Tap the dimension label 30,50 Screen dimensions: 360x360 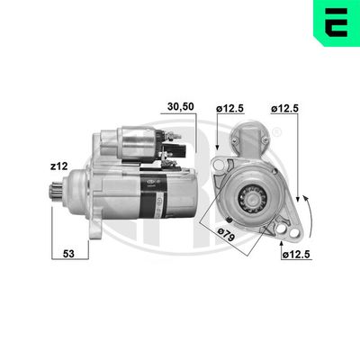181,105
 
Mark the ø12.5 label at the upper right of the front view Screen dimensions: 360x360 285,110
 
